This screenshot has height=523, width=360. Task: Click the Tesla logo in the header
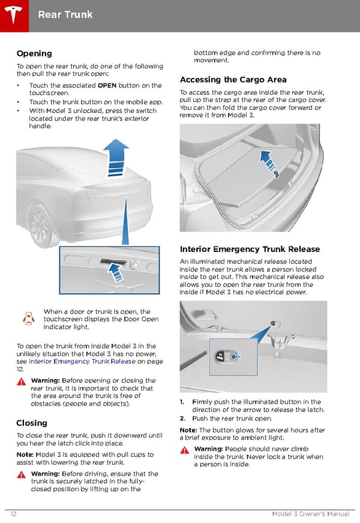[x=13, y=14]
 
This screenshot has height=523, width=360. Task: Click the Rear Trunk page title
[x=65, y=14]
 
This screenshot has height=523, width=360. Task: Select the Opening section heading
[x=34, y=53]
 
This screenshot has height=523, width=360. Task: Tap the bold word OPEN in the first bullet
[x=107, y=85]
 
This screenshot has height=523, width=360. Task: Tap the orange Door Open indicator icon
[x=29, y=318]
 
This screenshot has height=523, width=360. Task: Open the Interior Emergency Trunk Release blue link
[x=82, y=361]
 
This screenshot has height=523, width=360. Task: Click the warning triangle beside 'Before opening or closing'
[x=22, y=381]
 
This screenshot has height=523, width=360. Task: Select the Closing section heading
[x=32, y=423]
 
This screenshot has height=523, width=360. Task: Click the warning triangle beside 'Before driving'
[x=22, y=474]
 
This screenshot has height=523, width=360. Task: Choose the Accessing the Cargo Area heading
[x=233, y=80]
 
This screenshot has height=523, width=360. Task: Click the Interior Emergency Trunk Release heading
[x=250, y=249]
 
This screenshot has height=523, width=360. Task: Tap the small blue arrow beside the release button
[x=236, y=356]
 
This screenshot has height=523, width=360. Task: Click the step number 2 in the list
[x=182, y=418]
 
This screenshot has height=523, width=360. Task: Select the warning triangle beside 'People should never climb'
[x=185, y=450]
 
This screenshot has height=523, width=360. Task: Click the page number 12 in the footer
[x=13, y=513]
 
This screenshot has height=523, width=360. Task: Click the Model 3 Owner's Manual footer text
[x=311, y=513]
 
